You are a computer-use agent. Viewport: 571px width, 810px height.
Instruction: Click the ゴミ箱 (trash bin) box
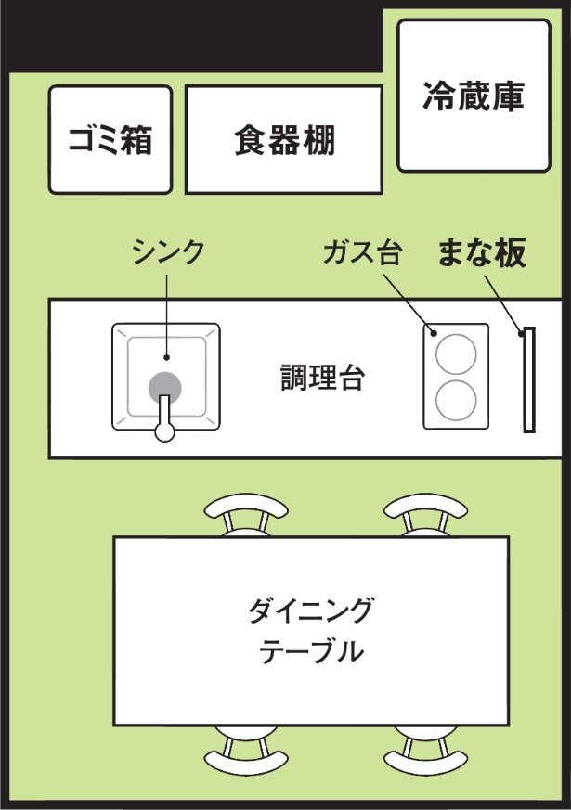coord(110,139)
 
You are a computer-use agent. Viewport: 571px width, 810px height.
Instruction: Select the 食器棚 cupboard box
coord(284,139)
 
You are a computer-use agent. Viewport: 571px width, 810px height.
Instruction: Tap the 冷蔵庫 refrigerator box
coord(474,96)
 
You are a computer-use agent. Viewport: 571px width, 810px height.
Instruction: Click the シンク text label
coord(168,251)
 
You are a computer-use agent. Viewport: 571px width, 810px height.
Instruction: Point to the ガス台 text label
coord(363,252)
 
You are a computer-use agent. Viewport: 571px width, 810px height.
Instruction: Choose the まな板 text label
coord(482,252)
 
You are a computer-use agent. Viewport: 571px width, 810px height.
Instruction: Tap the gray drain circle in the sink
coord(165,388)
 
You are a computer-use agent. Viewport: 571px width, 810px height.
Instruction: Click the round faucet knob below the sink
coord(165,431)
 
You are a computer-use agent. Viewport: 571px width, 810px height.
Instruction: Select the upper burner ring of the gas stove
coord(456,354)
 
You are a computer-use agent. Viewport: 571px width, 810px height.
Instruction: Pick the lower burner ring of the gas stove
coord(456,400)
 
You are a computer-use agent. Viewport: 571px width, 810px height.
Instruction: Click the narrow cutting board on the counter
coord(528,379)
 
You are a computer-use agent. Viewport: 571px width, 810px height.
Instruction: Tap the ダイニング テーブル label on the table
coord(311,630)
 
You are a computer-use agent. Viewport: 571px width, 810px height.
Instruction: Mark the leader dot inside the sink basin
coord(166,357)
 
